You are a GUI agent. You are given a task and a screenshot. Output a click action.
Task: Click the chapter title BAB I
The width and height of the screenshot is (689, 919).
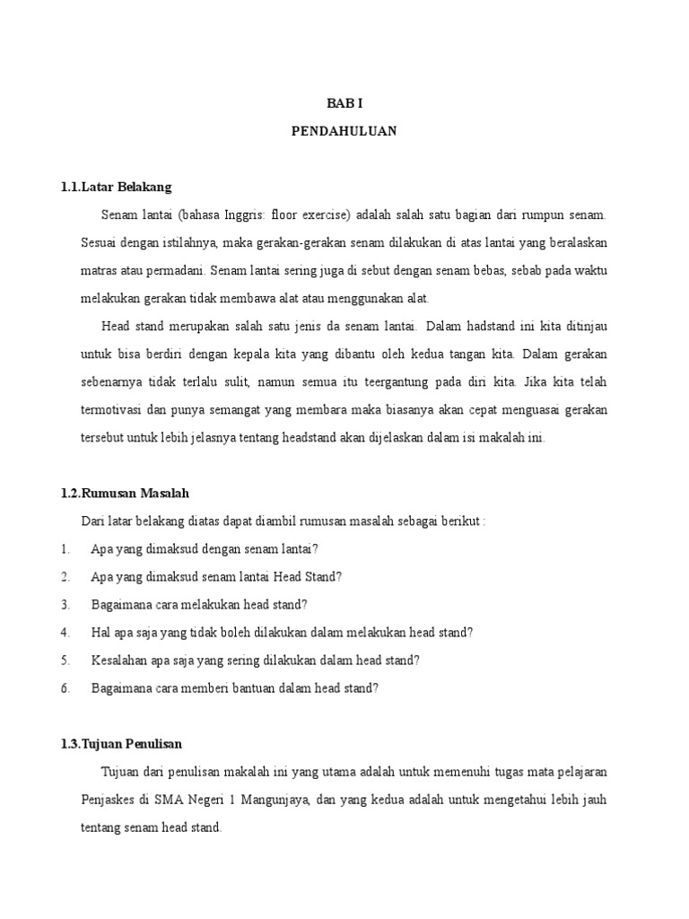(x=344, y=104)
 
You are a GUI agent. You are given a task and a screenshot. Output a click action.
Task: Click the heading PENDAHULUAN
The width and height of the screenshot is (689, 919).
(x=344, y=131)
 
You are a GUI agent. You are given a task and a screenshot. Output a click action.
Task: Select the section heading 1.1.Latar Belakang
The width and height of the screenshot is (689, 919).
(x=115, y=187)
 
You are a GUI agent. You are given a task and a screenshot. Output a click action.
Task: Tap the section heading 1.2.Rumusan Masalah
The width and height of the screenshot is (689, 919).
(x=125, y=494)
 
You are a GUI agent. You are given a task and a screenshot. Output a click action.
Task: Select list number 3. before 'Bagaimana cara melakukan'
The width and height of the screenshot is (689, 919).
(x=65, y=605)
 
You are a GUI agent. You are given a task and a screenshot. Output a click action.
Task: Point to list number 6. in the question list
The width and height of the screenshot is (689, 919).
(x=65, y=688)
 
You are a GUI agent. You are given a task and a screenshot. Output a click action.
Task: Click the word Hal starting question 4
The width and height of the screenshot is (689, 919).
(x=101, y=633)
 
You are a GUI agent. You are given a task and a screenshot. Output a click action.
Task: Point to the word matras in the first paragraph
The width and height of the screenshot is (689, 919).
(x=99, y=270)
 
